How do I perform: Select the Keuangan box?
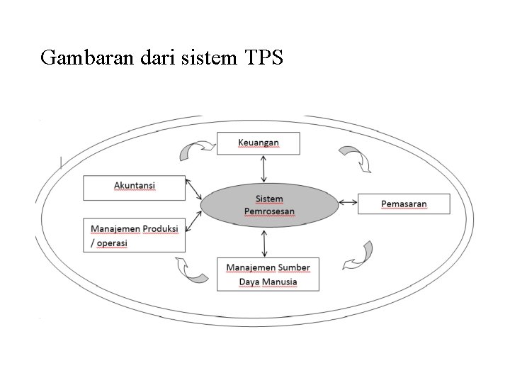(258, 143)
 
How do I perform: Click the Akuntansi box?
(135, 187)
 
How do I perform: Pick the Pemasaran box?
(404, 204)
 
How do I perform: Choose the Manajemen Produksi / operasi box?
(135, 235)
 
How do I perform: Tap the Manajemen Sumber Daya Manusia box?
(268, 274)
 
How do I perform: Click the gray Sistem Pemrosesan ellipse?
(269, 205)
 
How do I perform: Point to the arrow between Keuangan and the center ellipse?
(264, 168)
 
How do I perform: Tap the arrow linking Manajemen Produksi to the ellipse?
(194, 218)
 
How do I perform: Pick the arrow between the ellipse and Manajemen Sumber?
(265, 242)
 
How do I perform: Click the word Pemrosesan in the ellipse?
(269, 211)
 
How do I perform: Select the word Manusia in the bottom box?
(278, 282)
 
